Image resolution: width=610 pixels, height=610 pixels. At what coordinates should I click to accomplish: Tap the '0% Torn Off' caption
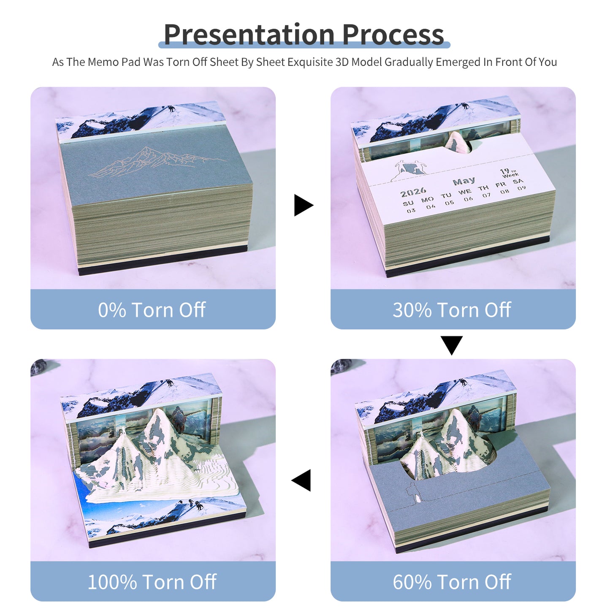pos(152,310)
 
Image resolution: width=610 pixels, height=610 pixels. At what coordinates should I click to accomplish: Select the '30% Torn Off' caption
pos(452,310)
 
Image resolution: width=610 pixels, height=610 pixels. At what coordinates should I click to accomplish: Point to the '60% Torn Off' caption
pos(452,582)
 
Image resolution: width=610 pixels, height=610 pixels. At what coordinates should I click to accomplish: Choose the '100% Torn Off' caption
pos(152,582)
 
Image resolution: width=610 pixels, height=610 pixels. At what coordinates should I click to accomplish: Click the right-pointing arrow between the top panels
pos(303,205)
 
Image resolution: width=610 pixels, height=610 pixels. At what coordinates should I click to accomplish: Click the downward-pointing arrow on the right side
pos(451,344)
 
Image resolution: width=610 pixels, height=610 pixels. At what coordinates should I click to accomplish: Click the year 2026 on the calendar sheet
pos(413,192)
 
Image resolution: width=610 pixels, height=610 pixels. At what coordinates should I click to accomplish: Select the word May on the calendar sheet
pos(464,182)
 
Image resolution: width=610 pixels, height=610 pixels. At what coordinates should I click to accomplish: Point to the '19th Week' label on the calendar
pos(509,173)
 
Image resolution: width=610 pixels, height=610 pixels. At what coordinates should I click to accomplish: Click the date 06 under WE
pos(468,199)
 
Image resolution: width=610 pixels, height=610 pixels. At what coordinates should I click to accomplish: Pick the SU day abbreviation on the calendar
pos(408,203)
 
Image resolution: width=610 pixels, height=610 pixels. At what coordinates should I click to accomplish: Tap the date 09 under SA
pos(522,188)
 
